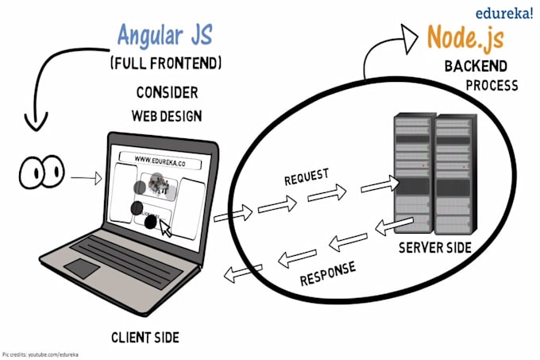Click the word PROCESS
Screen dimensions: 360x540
(492, 85)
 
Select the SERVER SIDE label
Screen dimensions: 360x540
(434, 247)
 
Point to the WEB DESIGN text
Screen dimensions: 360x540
(166, 116)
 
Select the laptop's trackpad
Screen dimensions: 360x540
(83, 268)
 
